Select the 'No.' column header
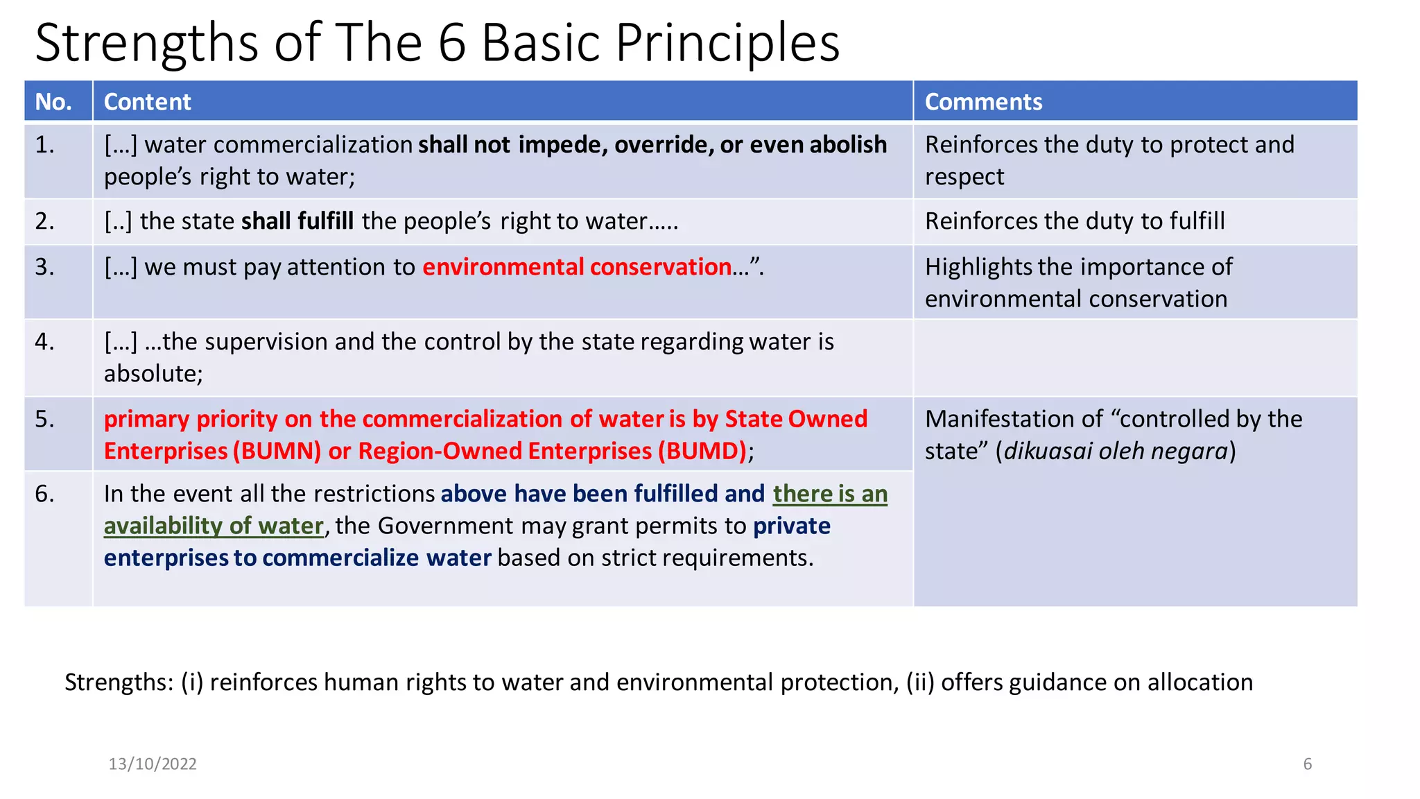pos(53,102)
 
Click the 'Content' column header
pos(147,102)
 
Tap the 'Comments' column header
pos(982,102)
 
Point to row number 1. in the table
pos(45,144)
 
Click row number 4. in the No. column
pos(45,341)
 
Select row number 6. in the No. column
pos(45,494)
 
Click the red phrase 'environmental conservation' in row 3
pos(577,267)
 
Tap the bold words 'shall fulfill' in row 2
pos(297,221)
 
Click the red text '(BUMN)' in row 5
pos(277,452)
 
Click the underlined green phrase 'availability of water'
pos(214,526)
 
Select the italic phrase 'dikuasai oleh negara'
pos(1116,452)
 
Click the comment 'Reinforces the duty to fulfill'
pos(1074,221)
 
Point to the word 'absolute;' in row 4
pos(153,374)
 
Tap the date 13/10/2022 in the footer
pos(153,764)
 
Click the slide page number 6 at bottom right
pos(1307,764)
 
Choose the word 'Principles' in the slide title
pos(727,43)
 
